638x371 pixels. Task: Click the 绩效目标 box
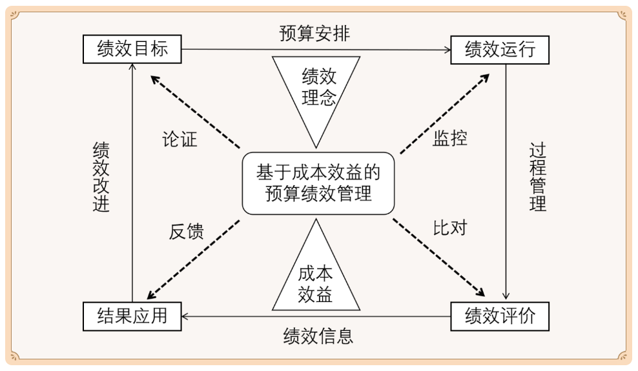132,49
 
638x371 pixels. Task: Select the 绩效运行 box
499,50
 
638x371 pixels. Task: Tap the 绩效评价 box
499,316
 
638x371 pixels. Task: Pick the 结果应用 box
132,316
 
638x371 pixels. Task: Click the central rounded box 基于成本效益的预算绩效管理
318,183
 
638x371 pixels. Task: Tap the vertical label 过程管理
537,177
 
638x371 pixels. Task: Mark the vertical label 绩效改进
101,177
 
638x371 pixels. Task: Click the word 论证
179,140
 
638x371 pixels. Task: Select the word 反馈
186,232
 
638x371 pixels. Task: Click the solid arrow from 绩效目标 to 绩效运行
316,50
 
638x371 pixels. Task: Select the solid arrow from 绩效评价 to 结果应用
316,316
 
